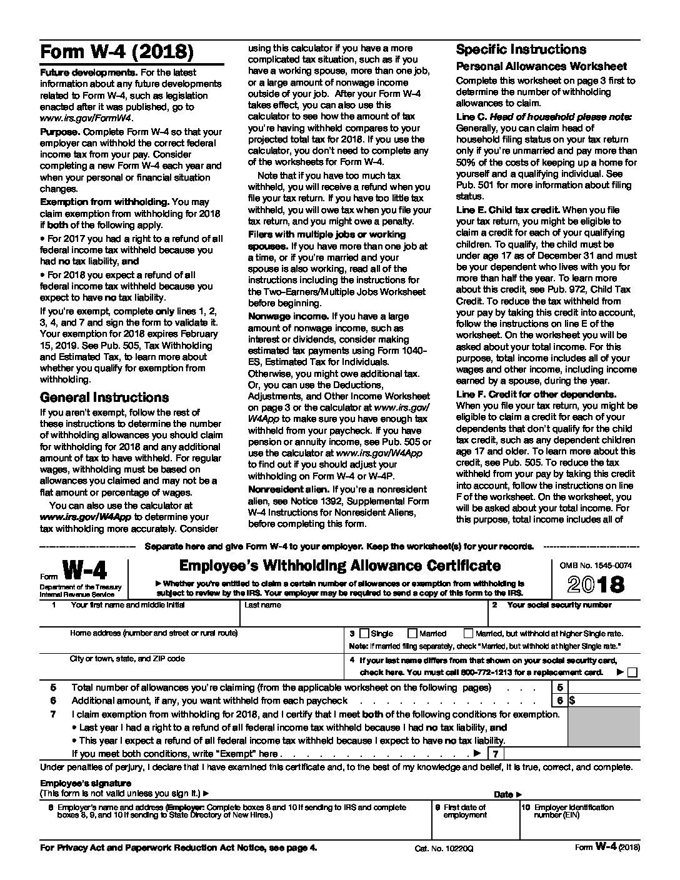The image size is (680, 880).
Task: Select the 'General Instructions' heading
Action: coord(104,397)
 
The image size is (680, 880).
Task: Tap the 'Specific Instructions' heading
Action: coord(521,49)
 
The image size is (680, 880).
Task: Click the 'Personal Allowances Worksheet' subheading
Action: coord(541,66)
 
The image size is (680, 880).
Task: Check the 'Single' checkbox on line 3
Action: coord(365,633)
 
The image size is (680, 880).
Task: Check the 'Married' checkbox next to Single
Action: coord(412,633)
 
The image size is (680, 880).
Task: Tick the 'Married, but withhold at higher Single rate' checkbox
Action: coord(469,633)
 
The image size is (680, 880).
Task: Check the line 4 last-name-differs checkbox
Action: coord(632,672)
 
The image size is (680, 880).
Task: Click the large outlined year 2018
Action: coord(596,584)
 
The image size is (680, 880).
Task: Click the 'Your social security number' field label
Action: coord(559,605)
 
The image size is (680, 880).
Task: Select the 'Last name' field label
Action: coord(263,605)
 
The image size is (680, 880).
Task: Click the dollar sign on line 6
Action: coord(572,701)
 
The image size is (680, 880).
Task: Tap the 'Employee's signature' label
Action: coord(86,783)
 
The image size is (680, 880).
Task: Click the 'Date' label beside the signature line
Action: coord(504,794)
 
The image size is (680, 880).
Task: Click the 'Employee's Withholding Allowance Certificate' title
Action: coord(340,566)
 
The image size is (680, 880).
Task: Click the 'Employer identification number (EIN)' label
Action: coord(565,811)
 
